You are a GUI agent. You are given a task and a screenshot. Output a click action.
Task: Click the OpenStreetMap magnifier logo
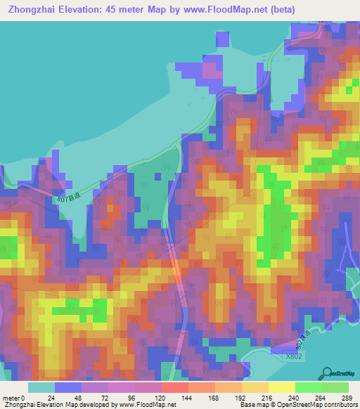click(x=328, y=373)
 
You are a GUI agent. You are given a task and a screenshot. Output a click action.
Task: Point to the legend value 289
click(x=347, y=397)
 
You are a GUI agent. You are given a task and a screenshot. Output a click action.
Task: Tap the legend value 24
click(x=55, y=397)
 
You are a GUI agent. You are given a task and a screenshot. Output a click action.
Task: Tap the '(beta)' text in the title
click(x=279, y=9)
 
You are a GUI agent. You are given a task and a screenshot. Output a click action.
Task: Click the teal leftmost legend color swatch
click(x=41, y=387)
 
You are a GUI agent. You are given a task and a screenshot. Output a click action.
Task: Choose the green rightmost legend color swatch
click(x=335, y=387)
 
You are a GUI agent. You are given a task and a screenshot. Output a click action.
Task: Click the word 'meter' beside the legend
click(x=12, y=397)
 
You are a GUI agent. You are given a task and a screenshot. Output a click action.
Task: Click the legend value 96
click(x=108, y=397)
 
